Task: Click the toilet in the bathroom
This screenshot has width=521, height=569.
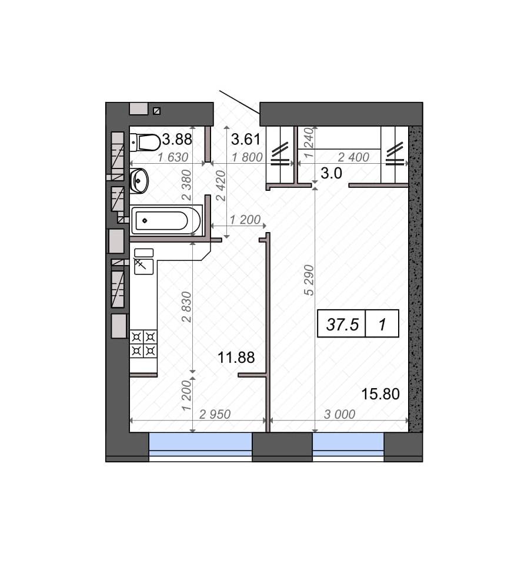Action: (145, 143)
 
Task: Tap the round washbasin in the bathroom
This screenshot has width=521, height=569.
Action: (139, 180)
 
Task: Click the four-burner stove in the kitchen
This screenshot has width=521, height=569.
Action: (143, 344)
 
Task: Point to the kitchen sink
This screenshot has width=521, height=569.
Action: (144, 266)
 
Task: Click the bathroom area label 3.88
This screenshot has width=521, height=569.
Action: (177, 139)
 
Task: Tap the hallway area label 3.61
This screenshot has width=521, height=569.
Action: (246, 139)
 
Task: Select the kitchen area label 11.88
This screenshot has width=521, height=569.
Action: (236, 358)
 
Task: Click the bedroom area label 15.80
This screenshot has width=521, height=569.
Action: (380, 393)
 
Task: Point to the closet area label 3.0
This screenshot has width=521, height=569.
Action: (331, 173)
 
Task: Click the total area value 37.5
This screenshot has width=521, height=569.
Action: (342, 324)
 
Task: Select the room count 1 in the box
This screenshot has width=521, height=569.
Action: (382, 325)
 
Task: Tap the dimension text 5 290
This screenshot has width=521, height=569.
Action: (309, 280)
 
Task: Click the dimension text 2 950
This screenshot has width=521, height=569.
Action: (215, 414)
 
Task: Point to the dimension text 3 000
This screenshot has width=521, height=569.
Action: (339, 414)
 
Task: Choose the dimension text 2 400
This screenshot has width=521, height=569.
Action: (353, 157)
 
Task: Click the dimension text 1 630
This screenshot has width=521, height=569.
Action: (173, 157)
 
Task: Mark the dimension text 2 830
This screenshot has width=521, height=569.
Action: (186, 307)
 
